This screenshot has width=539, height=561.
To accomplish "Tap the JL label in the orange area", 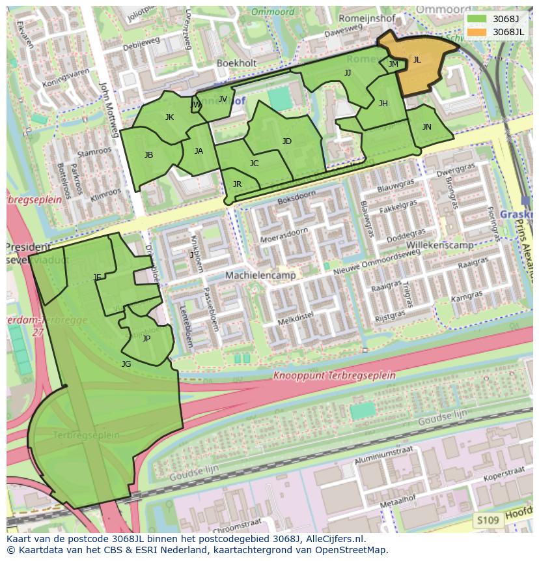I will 417,60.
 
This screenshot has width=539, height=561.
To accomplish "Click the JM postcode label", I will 393,64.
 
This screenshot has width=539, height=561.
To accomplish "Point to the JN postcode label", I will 426,127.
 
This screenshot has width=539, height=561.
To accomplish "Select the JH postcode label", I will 383,103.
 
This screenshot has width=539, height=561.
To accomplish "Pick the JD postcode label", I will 287,141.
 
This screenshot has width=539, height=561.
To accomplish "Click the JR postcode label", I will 237,184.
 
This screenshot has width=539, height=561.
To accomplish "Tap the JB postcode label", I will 149,155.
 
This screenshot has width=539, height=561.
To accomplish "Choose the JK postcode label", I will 169,117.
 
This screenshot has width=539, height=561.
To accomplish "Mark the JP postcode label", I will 146,339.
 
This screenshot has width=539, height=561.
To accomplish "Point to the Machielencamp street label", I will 260,276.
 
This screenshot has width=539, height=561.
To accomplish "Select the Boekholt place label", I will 237,63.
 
